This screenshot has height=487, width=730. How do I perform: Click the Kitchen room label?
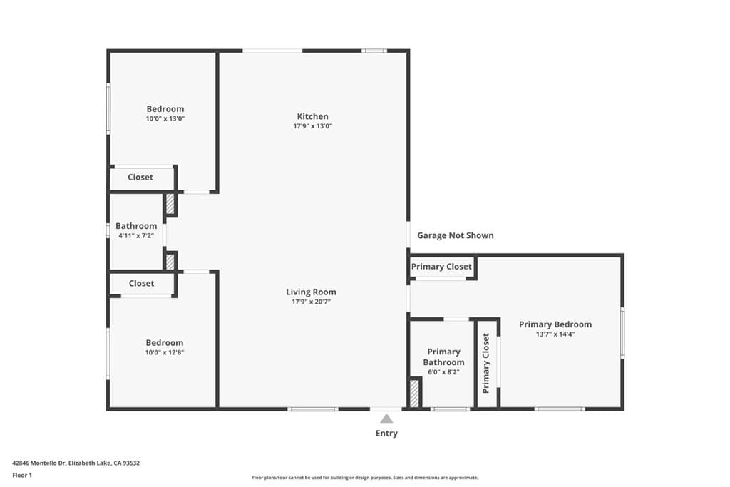pyautogui.click(x=312, y=116)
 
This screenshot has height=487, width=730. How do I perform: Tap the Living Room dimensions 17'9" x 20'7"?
pyautogui.click(x=311, y=302)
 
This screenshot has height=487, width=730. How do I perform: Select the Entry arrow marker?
pyautogui.click(x=386, y=419)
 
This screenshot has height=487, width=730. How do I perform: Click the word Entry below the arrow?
pyautogui.click(x=386, y=434)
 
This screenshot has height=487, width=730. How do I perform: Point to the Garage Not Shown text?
pyautogui.click(x=455, y=235)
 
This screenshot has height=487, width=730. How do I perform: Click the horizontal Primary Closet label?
pyautogui.click(x=441, y=267)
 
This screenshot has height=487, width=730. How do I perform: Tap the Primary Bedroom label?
pyautogui.click(x=555, y=324)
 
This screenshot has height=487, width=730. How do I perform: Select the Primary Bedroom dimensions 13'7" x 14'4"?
pyautogui.click(x=555, y=334)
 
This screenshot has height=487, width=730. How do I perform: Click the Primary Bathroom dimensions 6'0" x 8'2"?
pyautogui.click(x=443, y=371)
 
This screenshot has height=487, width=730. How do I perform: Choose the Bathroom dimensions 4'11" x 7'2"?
pyautogui.click(x=135, y=235)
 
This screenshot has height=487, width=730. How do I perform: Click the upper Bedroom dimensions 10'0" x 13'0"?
pyautogui.click(x=165, y=119)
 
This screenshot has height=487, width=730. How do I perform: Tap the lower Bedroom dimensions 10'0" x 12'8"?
pyautogui.click(x=165, y=352)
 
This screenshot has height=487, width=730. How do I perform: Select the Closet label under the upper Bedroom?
pyautogui.click(x=140, y=178)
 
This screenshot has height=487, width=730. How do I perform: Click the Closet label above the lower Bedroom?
pyautogui.click(x=141, y=283)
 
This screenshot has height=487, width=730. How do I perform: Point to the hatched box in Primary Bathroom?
pyautogui.click(x=414, y=393)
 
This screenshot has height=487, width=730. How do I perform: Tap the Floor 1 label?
pyautogui.click(x=23, y=475)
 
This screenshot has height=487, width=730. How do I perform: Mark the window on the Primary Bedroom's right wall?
pyautogui.click(x=622, y=332)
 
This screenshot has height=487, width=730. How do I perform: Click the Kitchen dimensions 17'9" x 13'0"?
pyautogui.click(x=312, y=126)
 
